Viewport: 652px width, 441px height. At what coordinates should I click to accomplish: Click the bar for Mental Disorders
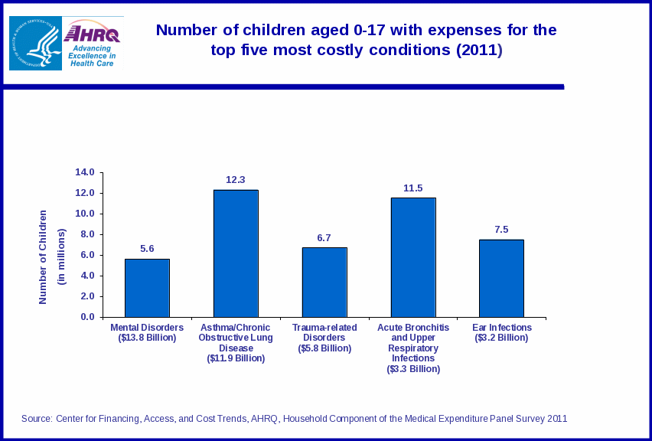147,288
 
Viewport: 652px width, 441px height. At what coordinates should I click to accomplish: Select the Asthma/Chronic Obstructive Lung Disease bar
236,253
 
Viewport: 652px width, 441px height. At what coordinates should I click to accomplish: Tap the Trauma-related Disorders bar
324,282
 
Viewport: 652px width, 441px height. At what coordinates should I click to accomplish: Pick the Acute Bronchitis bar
413,257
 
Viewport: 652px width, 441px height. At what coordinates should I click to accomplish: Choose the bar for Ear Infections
501,278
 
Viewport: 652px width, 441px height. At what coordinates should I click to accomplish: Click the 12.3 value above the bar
235,180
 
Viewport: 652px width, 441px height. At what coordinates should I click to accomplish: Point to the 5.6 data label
147,249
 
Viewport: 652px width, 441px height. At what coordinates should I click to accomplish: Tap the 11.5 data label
413,188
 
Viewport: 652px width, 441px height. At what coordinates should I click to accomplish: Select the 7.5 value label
501,230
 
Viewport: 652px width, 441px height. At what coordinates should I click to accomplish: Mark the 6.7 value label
324,238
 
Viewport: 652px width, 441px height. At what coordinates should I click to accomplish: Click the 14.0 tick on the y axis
85,172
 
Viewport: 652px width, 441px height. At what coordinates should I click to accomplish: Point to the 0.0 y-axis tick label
87,317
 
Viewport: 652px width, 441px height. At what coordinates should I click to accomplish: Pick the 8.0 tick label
87,234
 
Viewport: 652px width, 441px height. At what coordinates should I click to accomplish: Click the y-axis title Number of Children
43,256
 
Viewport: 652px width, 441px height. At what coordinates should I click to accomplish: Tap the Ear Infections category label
502,328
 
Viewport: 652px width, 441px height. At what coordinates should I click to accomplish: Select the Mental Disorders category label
147,328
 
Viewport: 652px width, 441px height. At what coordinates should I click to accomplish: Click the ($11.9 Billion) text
236,358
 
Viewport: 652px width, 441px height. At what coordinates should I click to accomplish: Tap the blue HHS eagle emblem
35,44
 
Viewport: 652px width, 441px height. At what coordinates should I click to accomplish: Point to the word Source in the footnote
36,419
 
